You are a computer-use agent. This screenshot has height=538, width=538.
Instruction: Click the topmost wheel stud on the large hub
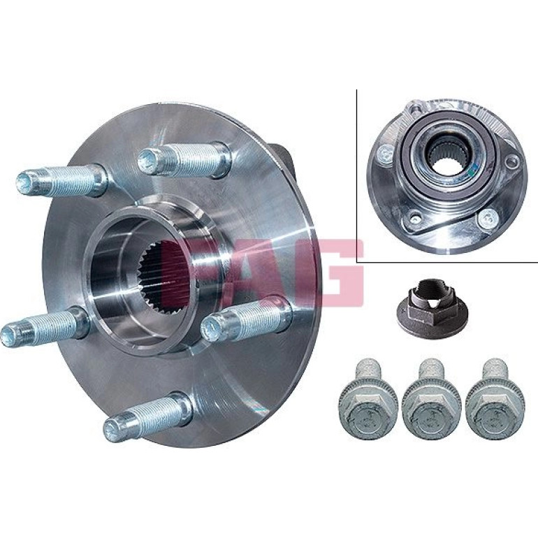coord(184,160)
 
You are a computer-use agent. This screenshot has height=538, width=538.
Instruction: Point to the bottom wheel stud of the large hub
coord(148,416)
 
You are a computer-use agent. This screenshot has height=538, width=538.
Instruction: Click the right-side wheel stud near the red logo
coord(247,320)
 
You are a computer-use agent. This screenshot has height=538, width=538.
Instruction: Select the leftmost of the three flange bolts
coord(368,402)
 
